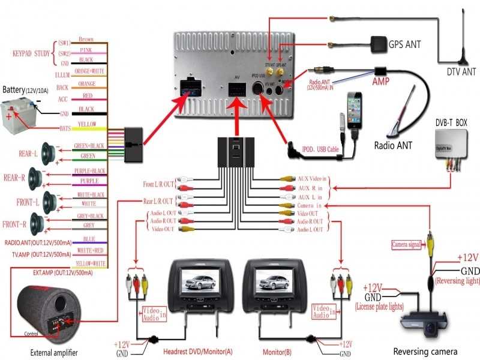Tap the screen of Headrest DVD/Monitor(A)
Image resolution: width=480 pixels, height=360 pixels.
point(193,281)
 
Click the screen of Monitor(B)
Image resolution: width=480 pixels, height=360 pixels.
point(268,281)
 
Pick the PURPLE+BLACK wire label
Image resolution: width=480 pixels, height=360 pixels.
point(89,171)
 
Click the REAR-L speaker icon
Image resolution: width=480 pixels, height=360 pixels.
point(49,153)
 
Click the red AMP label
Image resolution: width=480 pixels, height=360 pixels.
point(381,80)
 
